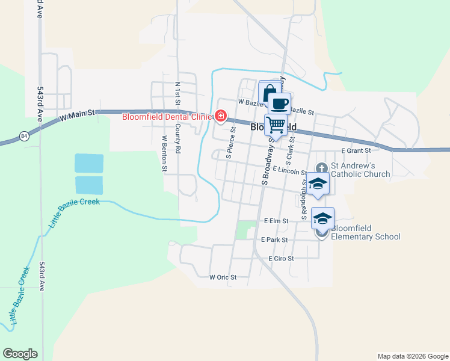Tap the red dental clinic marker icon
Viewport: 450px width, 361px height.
221,116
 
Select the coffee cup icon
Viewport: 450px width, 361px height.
279,103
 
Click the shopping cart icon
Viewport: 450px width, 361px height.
276,125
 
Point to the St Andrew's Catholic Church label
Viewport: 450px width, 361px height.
362,170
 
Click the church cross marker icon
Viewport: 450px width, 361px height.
322,167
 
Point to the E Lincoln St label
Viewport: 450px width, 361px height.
290,171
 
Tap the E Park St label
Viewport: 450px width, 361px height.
276,239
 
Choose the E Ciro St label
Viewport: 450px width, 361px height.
281,258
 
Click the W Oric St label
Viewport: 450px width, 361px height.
223,277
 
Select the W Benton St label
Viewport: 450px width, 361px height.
164,153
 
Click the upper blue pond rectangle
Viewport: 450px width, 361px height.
89,163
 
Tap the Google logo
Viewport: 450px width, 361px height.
20,354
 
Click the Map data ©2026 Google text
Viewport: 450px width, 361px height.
412,356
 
